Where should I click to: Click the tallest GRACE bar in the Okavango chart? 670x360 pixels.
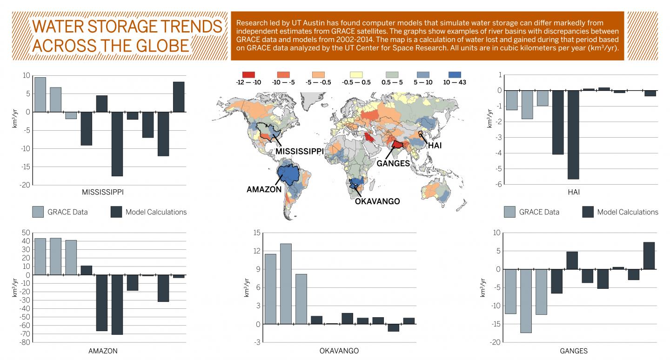pos(286,283)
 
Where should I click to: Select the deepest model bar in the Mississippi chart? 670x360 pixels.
pos(117,144)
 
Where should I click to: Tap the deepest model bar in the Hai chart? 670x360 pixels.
pos(573,134)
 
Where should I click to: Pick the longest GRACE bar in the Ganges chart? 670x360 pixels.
pos(526,300)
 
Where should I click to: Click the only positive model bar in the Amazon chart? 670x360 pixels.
pos(86,270)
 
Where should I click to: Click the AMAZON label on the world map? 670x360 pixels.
pos(264,189)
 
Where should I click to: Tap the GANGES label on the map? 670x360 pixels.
pos(393,163)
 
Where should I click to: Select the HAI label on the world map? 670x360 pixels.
pos(435,145)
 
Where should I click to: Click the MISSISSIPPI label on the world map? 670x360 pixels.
pos(299,152)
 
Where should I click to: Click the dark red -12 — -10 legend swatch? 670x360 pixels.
pos(249,74)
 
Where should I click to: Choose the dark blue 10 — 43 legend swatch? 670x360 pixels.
pos(454,74)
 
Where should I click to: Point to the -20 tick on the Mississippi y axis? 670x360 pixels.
pos(25,185)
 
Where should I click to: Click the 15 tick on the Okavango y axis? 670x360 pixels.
pos(255,233)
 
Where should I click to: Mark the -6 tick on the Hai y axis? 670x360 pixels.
pos(499,184)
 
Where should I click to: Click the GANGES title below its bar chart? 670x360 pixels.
pos(573,351)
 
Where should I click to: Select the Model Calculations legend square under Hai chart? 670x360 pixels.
pos(588,212)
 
